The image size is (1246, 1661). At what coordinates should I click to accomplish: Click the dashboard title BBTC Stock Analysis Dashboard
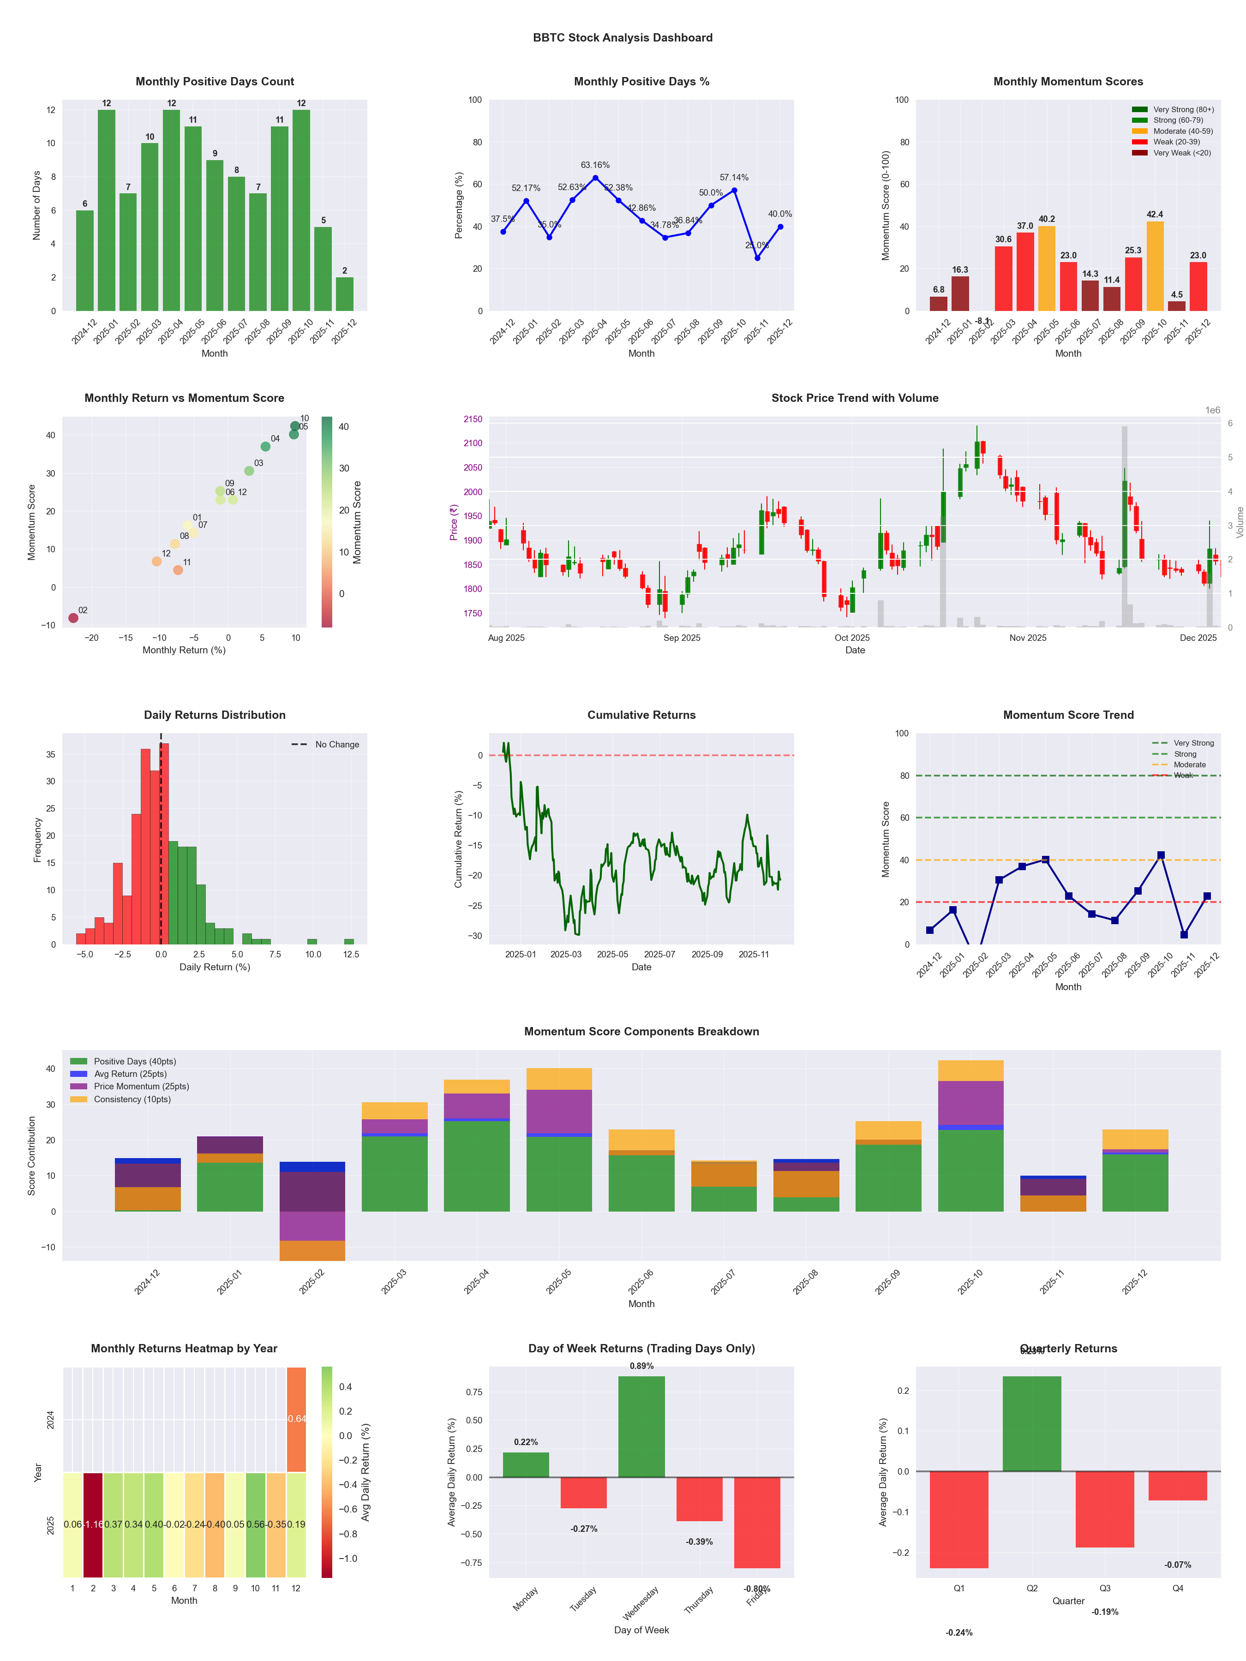point(623,37)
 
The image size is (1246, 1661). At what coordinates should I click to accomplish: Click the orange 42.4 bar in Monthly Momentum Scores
point(1154,266)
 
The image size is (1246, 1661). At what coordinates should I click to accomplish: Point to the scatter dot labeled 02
point(73,618)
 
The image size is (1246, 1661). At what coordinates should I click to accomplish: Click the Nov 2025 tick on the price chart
point(1027,638)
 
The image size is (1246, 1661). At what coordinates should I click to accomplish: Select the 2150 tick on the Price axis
point(473,419)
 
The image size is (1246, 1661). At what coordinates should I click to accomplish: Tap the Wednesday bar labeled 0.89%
point(641,1426)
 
